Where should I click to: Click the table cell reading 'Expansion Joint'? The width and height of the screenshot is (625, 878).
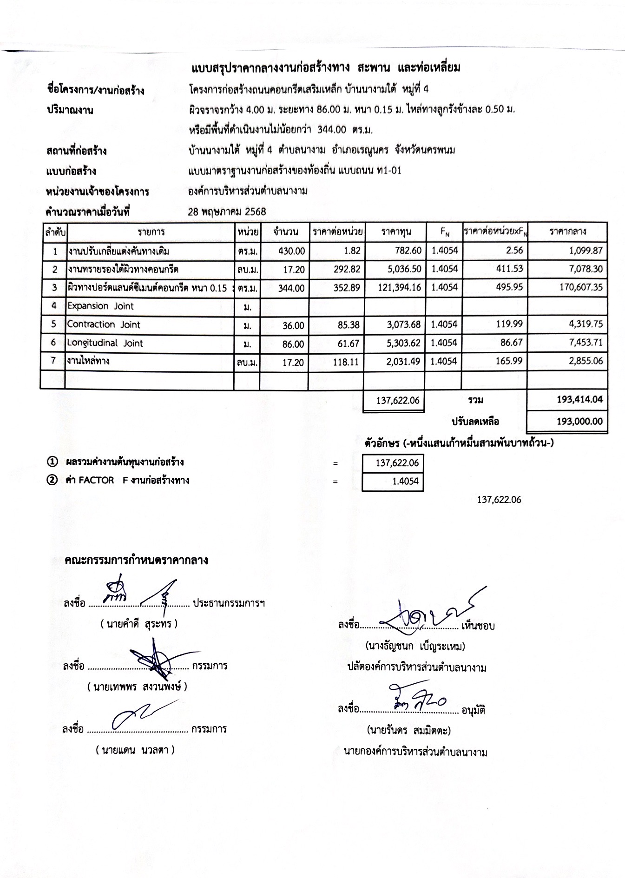pos(100,306)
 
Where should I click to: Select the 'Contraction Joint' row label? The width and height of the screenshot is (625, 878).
pos(104,325)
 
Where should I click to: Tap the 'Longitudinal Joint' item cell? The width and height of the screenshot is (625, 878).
pos(105,343)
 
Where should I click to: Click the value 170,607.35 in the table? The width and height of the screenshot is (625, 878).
pos(580,288)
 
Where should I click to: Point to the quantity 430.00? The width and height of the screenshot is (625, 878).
pos(291,251)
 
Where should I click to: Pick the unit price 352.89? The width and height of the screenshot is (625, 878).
pos(346,288)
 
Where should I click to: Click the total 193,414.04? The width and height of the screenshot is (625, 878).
pos(579,400)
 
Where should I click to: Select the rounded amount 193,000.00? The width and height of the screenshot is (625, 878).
pos(579,422)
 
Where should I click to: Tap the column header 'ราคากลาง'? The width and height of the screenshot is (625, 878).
pos(567,231)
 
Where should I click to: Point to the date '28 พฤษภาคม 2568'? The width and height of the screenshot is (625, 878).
pos(227,212)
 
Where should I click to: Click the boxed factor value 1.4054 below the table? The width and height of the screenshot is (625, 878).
pos(405,482)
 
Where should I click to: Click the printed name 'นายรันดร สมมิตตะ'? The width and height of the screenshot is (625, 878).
pos(408,730)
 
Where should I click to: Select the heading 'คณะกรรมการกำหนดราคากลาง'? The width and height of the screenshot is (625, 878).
pos(136,560)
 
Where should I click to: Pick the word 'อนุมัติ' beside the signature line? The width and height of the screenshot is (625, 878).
pos(473,711)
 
